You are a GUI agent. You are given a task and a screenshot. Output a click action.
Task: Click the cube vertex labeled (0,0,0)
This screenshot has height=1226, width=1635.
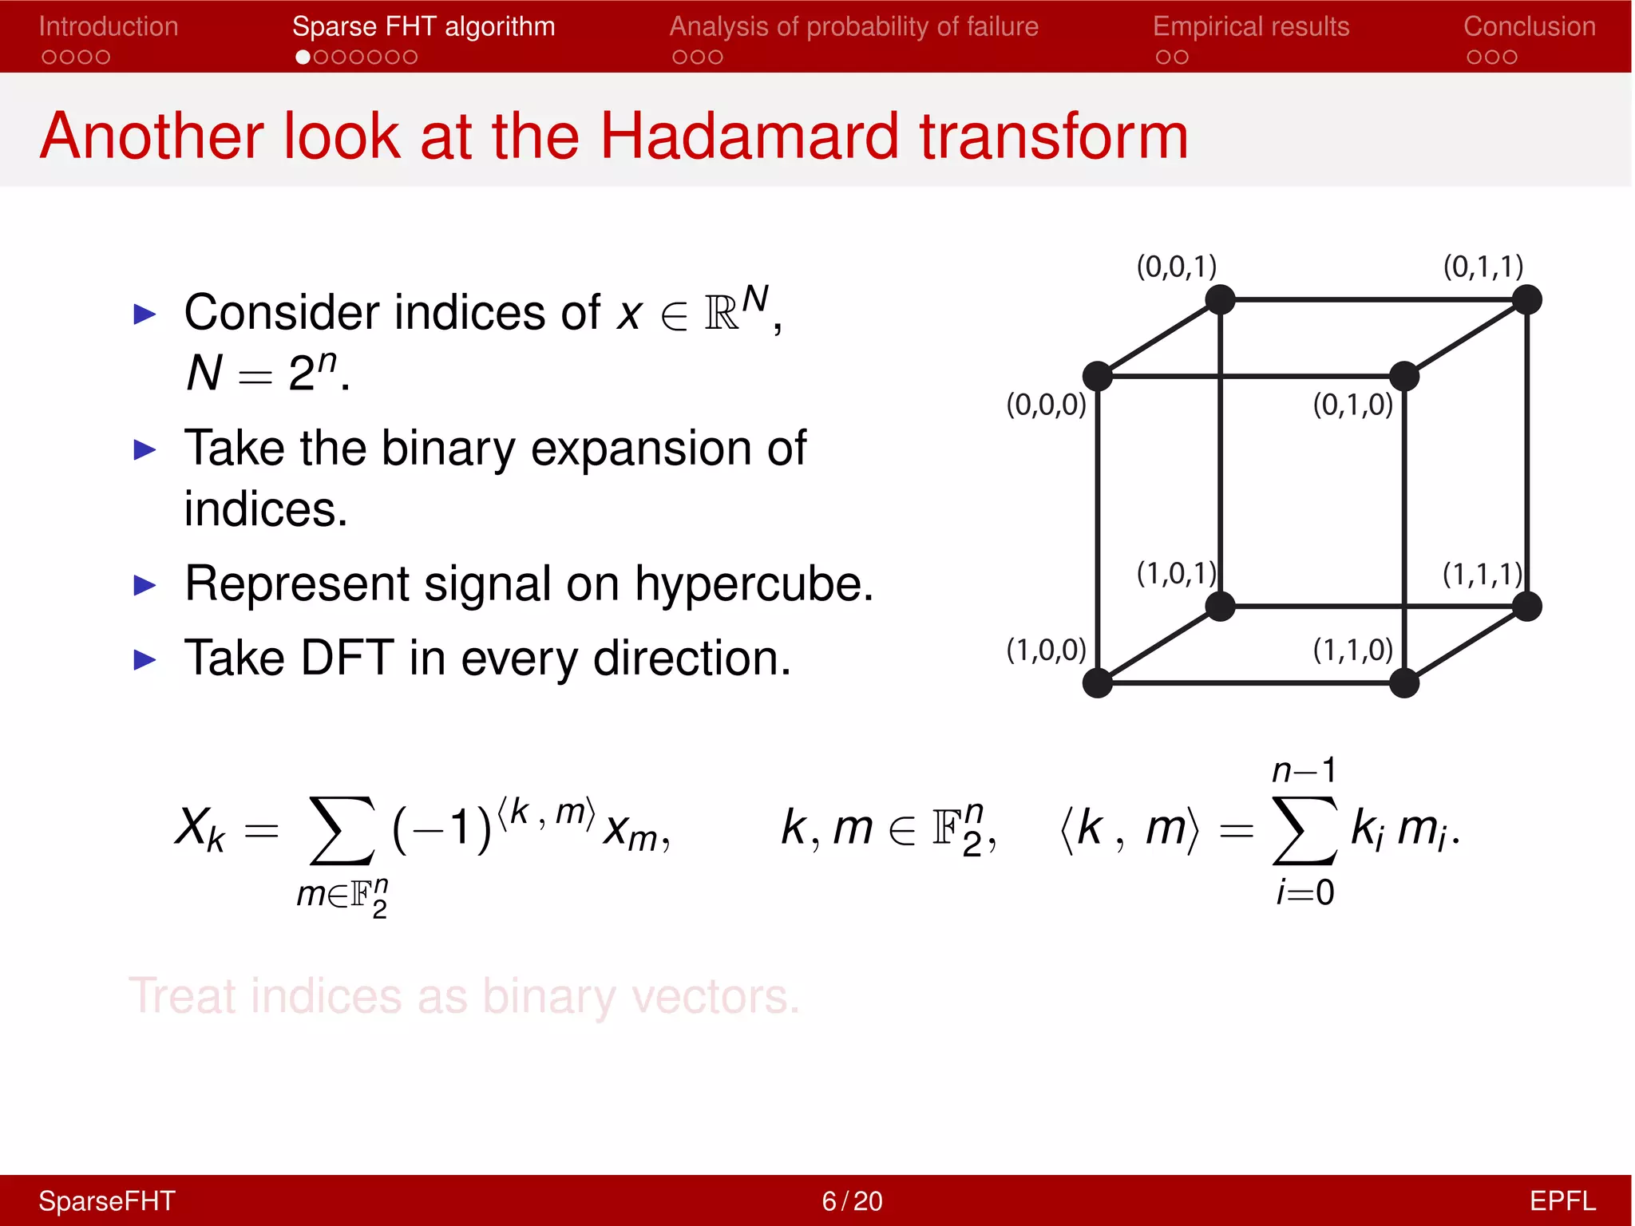click(1098, 376)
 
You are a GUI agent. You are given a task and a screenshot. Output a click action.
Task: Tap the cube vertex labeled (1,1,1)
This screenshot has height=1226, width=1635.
click(1526, 607)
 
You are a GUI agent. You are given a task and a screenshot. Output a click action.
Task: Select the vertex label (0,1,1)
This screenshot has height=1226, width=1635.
click(1483, 266)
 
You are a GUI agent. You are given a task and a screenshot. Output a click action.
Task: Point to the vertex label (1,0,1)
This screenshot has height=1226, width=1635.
click(1176, 573)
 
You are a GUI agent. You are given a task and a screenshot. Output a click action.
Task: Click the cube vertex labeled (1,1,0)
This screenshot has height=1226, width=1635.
click(1403, 683)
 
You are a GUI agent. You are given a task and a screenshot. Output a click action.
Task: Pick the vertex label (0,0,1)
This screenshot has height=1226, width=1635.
click(1176, 266)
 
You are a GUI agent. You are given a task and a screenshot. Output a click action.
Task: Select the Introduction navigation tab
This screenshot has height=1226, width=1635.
click(109, 26)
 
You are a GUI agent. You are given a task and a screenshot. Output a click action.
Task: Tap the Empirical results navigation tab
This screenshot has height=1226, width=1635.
click(1250, 26)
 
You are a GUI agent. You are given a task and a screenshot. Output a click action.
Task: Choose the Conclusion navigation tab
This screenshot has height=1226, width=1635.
click(1529, 26)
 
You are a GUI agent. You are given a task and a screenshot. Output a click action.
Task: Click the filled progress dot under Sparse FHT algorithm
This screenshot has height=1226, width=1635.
click(303, 57)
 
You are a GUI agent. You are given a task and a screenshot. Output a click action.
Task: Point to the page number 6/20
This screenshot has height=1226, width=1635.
click(852, 1201)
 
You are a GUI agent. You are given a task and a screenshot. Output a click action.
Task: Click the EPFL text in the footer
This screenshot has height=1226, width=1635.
click(1562, 1201)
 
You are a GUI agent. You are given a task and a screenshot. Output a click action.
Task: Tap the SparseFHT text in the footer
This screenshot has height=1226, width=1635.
click(107, 1201)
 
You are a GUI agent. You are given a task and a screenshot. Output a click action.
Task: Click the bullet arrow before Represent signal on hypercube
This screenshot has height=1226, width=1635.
click(144, 585)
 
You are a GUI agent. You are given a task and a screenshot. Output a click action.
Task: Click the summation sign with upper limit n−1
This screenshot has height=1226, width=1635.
click(1304, 830)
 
